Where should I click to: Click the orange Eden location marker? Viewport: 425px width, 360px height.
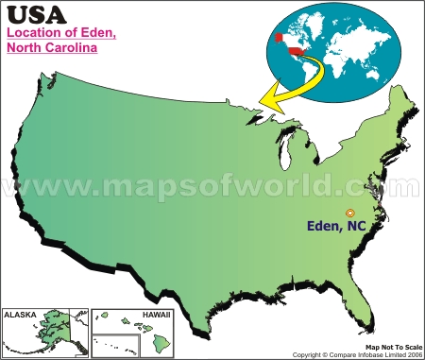coord(350,214)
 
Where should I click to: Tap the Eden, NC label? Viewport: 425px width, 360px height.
coord(341,228)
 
